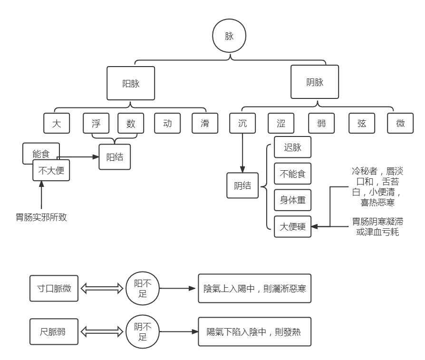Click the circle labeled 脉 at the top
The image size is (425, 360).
[229, 36]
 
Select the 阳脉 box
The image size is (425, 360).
[131, 83]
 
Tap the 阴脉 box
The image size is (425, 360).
[315, 82]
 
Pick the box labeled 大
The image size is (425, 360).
[57, 123]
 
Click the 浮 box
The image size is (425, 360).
[96, 123]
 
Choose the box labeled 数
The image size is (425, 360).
[131, 123]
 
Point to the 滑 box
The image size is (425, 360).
[205, 123]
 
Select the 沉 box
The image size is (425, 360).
[242, 123]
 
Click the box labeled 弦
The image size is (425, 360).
[362, 123]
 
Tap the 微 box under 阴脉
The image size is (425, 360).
[400, 123]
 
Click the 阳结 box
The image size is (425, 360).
[115, 157]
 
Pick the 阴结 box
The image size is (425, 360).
[242, 185]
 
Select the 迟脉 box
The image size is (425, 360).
[292, 147]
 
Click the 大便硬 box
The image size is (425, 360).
[292, 227]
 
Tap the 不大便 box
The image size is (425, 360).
[51, 170]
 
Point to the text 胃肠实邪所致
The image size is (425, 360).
[41, 217]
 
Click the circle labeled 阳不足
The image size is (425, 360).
[143, 289]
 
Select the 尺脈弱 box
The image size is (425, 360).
[54, 331]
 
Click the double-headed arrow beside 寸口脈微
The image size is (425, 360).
[102, 289]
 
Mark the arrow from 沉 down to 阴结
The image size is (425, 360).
[242, 153]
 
